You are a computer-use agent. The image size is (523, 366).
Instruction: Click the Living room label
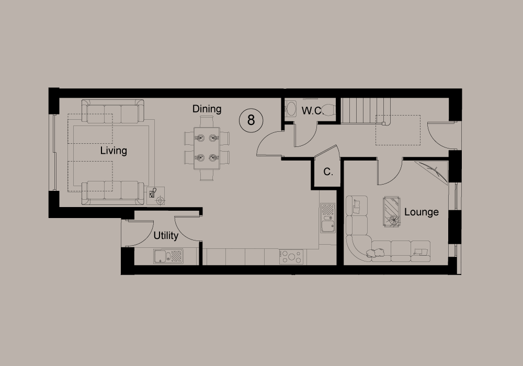[x=113, y=151]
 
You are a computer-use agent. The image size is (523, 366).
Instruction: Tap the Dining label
[x=207, y=109]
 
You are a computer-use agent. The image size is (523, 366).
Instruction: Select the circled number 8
[x=251, y=120]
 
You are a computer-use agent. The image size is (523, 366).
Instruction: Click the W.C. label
[x=312, y=111]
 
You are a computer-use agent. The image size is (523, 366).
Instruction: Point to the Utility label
[x=166, y=236]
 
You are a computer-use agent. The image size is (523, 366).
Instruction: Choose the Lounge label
[x=421, y=212]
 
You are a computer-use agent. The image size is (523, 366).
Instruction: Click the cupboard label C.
[x=328, y=172]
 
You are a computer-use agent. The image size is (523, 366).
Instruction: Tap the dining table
[x=207, y=148]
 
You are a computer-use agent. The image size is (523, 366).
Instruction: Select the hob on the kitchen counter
[x=291, y=257]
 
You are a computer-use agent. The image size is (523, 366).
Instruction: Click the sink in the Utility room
[x=168, y=256]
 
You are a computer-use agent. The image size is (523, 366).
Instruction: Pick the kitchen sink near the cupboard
[x=328, y=218]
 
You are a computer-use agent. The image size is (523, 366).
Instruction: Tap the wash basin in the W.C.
[x=290, y=109]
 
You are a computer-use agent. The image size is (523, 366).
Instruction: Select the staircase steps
[x=365, y=111]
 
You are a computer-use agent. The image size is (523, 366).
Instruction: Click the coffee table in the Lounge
[x=392, y=212]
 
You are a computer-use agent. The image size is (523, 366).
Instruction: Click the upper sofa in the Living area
[x=113, y=111]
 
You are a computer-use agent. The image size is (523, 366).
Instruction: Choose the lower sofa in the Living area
[x=113, y=192]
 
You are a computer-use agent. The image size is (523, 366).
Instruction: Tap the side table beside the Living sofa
[x=156, y=196]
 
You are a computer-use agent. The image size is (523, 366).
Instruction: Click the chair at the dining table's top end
[x=207, y=121]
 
